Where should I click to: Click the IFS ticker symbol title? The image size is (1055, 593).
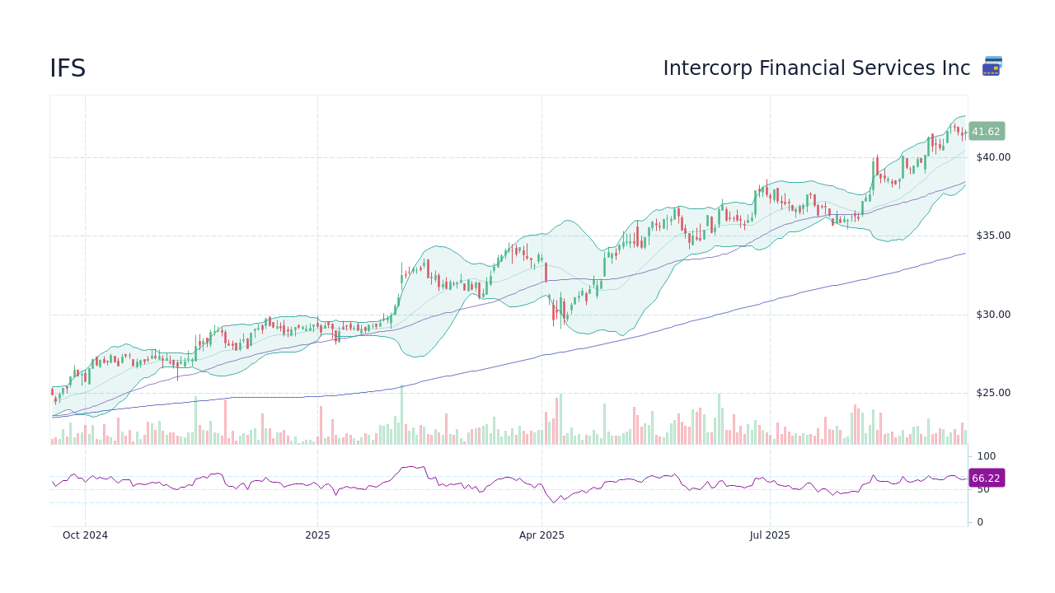68,69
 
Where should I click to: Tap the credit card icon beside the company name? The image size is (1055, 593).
992,67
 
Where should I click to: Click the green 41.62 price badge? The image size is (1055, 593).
986,132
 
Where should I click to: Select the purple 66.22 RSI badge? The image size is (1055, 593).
986,479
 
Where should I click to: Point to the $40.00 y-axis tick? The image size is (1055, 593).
993,157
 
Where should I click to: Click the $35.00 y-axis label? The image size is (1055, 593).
993,236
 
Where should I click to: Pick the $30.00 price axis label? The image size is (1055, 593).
993,315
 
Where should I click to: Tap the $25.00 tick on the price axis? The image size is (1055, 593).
993,393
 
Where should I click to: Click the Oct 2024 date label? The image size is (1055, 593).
85,535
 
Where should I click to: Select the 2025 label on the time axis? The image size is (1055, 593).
317,535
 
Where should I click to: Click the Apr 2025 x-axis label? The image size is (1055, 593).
542,535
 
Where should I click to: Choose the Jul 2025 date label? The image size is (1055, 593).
770,535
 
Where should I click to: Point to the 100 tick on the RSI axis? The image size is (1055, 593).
987,456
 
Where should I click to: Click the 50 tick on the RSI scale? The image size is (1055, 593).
983,489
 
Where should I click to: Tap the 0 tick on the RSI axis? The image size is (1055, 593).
980,522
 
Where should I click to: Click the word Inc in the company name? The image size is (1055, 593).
956,69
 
